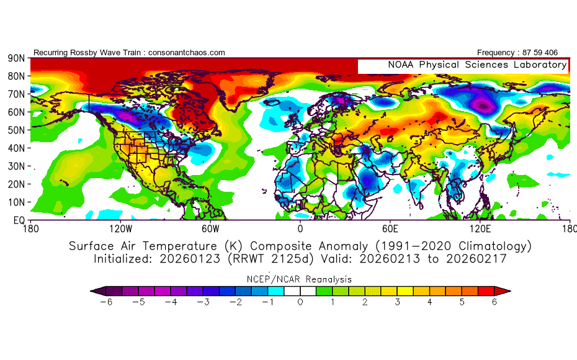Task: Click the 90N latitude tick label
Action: coord(16,58)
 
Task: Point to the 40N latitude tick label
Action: coord(16,148)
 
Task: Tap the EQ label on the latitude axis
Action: coord(18,220)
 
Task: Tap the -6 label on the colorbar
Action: coord(106,302)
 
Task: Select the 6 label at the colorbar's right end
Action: coord(494,302)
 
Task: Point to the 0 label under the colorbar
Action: coord(300,302)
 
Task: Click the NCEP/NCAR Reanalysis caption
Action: coord(300,279)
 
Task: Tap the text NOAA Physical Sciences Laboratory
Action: coord(477,65)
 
